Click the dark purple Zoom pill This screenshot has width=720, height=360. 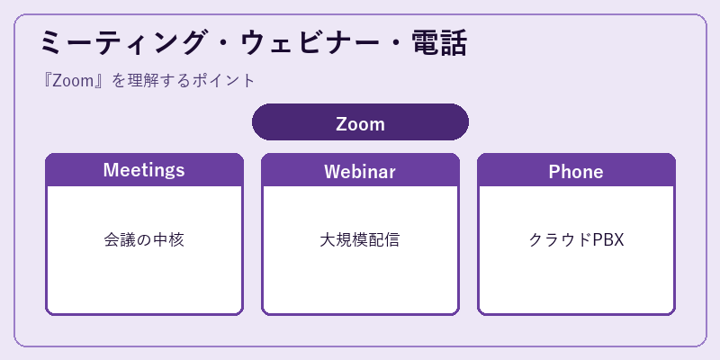tap(361, 121)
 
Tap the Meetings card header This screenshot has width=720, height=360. tap(144, 170)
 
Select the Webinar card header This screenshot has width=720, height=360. tap(360, 170)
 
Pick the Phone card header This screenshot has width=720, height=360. tap(576, 170)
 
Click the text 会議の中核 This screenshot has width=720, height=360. tap(144, 239)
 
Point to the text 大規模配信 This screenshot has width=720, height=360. tap(359, 239)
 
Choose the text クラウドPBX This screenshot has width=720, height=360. tap(576, 239)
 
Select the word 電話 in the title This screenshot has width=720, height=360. tap(439, 43)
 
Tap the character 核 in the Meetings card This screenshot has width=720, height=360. tap(176, 239)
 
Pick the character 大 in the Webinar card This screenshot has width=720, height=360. tap(328, 239)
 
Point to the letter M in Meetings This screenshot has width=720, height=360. tap(111, 170)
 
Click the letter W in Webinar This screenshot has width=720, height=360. tap(333, 172)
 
